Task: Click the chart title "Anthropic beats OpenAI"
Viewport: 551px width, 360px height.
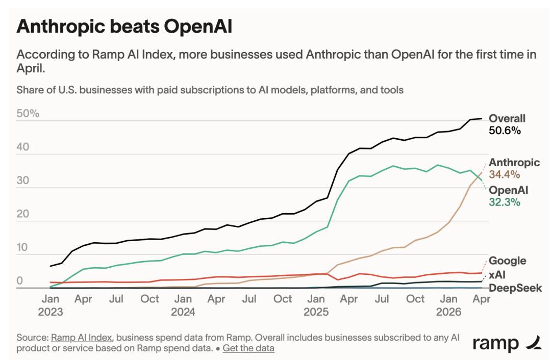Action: [124, 27]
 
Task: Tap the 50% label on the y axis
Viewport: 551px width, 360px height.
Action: [28, 113]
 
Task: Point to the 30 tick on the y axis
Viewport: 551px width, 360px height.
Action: [23, 181]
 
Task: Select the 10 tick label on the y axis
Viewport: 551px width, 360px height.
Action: [22, 248]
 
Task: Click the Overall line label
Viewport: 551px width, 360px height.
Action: [507, 118]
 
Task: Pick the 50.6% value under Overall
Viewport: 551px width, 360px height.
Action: [505, 131]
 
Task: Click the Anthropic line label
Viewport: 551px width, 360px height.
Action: [514, 163]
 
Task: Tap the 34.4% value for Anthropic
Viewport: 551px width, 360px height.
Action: [504, 174]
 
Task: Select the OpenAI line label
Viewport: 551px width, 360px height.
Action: [509, 190]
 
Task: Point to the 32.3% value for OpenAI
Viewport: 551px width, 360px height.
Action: [504, 202]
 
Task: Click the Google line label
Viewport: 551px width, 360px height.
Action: [508, 261]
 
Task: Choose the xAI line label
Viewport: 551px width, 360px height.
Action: [497, 275]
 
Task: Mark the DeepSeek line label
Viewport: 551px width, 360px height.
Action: [515, 288]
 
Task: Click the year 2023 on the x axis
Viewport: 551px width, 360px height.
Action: [50, 312]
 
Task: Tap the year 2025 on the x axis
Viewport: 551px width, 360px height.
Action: [316, 312]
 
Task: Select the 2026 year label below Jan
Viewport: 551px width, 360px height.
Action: [448, 312]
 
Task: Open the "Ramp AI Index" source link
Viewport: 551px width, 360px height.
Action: [82, 338]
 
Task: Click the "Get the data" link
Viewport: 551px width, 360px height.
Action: [248, 348]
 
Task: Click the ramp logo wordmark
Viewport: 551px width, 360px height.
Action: [495, 344]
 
